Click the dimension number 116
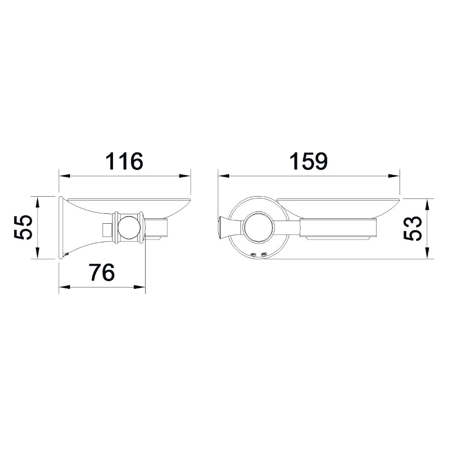124,162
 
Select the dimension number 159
308,162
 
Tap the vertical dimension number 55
22,227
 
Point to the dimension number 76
102,272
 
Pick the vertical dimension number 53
412,228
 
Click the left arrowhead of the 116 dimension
65,176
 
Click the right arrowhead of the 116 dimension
185,176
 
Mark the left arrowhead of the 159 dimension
224,176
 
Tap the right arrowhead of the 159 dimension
394,176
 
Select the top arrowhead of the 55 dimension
37,202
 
